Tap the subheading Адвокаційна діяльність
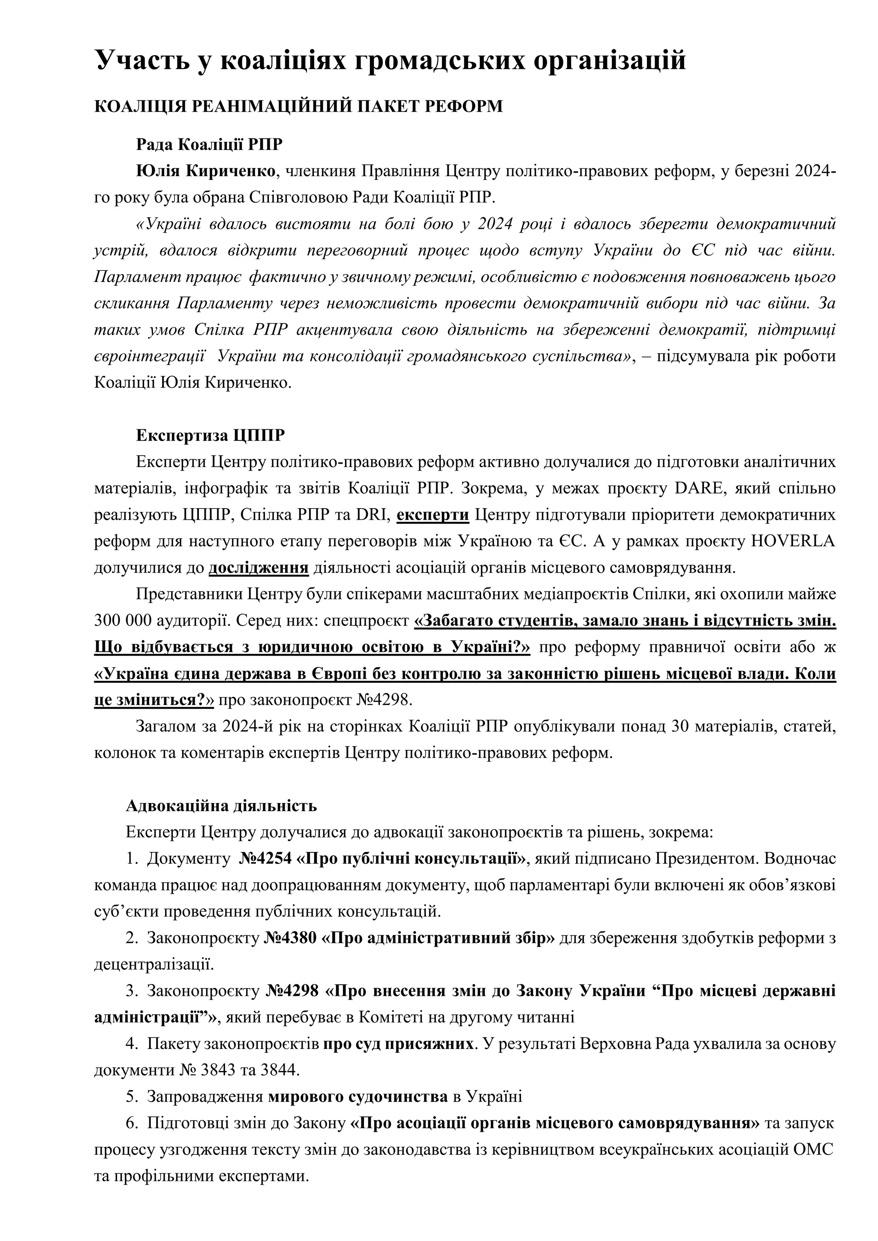(x=221, y=806)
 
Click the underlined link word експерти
(x=433, y=515)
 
